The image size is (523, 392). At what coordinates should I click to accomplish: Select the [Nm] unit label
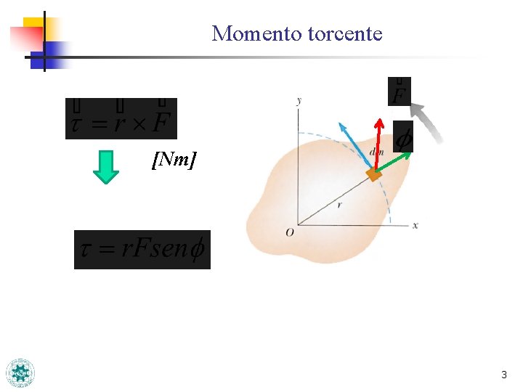pyautogui.click(x=174, y=160)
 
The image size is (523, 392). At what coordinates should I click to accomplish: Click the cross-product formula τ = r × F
pyautogui.click(x=121, y=118)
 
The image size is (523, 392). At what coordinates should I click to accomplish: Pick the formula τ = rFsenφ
pyautogui.click(x=142, y=250)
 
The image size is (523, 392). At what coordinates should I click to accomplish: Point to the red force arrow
pyautogui.click(x=378, y=142)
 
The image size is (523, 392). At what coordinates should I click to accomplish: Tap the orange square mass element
pyautogui.click(x=374, y=174)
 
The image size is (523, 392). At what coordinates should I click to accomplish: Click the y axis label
pyautogui.click(x=299, y=100)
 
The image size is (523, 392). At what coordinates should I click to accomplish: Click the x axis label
pyautogui.click(x=415, y=226)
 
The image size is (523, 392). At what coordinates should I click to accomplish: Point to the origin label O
pyautogui.click(x=290, y=232)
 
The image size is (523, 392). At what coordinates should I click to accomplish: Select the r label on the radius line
pyautogui.click(x=340, y=205)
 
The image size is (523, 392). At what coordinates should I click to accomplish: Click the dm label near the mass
pyautogui.click(x=376, y=152)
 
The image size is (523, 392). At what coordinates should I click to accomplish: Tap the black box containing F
pyautogui.click(x=400, y=91)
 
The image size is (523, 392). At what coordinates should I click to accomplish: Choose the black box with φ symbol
pyautogui.click(x=403, y=136)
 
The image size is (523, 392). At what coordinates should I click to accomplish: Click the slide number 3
pyautogui.click(x=504, y=375)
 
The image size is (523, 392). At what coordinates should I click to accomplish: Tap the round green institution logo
pyautogui.click(x=20, y=373)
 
